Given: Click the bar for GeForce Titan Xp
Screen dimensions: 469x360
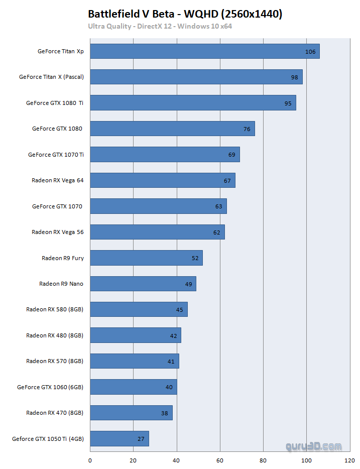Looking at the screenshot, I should point(204,51).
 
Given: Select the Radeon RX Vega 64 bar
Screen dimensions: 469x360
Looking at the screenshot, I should point(162,180).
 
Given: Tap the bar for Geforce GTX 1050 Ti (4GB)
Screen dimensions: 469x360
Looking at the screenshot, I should point(119,438).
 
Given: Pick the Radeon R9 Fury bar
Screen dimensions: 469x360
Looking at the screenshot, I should point(146,258).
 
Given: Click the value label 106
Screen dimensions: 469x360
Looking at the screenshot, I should point(310,52).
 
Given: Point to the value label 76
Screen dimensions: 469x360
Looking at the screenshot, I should point(247,129).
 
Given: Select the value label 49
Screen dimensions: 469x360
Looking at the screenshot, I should point(188,284).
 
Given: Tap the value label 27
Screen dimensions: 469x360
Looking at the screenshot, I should point(141,439).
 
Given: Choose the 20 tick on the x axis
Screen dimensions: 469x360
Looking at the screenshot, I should point(133,460).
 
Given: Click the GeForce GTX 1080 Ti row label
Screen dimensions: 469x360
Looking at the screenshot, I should point(55,103).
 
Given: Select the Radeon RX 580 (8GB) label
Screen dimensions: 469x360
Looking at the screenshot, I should point(55,309).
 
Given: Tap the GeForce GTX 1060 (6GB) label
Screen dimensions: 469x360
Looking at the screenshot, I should point(50,387).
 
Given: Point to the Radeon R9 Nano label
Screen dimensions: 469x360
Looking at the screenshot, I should point(61,284).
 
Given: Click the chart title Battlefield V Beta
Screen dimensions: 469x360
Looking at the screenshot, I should point(185,14).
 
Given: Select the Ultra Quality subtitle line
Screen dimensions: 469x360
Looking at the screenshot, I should point(160,26).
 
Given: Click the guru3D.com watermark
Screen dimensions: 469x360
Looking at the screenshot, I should point(313,446).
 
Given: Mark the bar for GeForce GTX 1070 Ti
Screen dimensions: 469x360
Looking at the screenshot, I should point(165,155).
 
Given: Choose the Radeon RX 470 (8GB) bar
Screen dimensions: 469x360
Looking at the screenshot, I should point(131,413).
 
